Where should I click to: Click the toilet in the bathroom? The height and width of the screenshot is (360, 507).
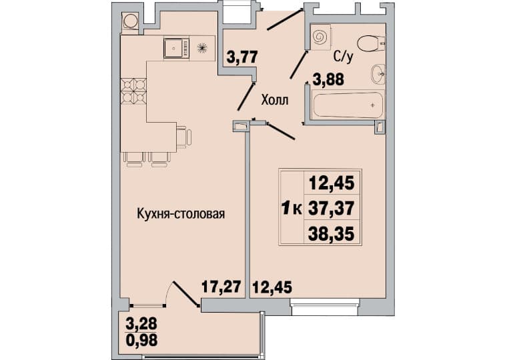tap(371, 44)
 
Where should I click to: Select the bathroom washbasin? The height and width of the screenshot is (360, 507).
tap(378, 74)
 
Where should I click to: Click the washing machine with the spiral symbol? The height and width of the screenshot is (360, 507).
tap(320, 37)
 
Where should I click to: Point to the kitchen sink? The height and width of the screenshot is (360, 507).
tap(176, 48)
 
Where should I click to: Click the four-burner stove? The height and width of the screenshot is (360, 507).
tap(133, 91)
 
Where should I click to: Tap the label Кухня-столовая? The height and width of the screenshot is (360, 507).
tap(181, 214)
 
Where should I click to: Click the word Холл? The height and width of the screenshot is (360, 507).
tap(275, 100)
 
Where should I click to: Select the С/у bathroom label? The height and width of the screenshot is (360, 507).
tap(344, 57)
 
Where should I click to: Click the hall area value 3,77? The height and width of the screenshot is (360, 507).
tap(242, 57)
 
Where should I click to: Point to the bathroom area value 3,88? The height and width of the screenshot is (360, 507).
tap(328, 79)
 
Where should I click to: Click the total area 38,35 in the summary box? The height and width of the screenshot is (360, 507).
tap(332, 233)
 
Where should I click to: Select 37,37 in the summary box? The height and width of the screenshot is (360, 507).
tap(332, 208)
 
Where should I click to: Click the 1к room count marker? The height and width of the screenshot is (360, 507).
tap(292, 208)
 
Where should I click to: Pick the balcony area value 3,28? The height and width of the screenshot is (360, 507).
tap(141, 323)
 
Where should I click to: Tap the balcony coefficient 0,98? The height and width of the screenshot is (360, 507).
tap(141, 340)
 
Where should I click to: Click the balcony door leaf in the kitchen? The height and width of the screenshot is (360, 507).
tap(185, 294)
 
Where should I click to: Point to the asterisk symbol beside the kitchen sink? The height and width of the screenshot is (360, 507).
tap(201, 48)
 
